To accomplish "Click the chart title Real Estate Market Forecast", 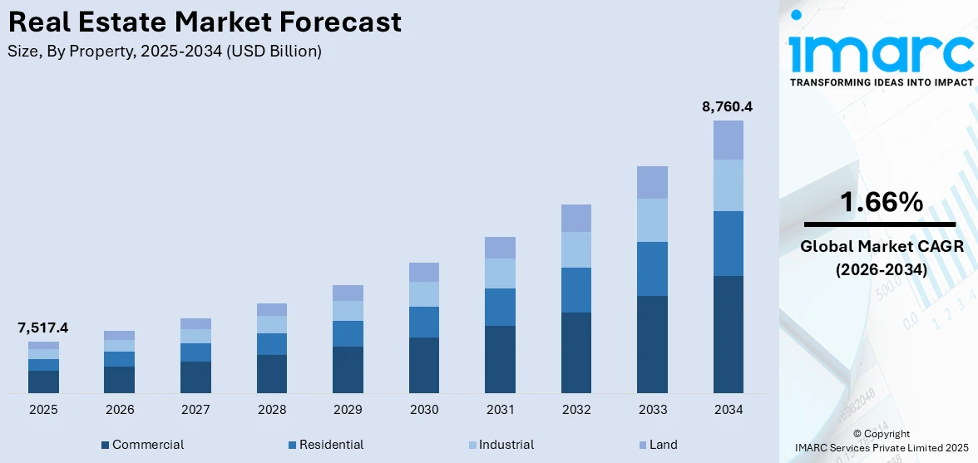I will point(205,22).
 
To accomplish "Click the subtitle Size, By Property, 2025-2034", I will point(165,52).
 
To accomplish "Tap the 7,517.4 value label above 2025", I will point(43,328).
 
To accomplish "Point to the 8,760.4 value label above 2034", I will point(728,106).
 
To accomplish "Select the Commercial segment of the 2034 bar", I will point(728,334).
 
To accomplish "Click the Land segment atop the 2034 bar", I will point(728,140).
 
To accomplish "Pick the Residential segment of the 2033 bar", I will point(652,268).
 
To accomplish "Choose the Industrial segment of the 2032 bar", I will point(575,249).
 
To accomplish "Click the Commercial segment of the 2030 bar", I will point(423,365).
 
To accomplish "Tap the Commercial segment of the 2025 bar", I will point(43,382).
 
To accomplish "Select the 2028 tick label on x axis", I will point(272,410).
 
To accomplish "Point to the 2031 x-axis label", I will point(500,410).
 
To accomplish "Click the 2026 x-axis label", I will point(120,410).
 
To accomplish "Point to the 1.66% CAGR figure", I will point(881,202).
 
